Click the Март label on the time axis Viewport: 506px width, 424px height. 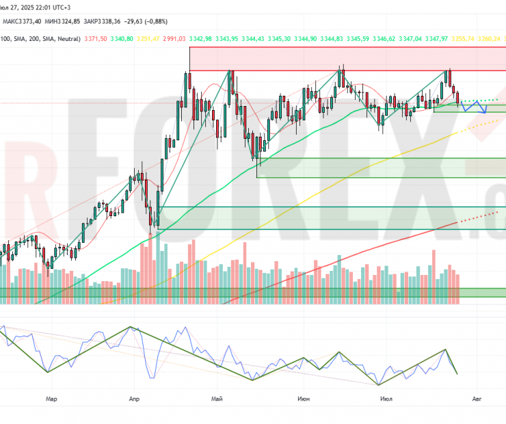pyautogui.click(x=49, y=397)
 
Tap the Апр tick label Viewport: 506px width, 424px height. pyautogui.click(x=133, y=397)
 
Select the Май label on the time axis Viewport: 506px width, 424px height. pyautogui.click(x=218, y=397)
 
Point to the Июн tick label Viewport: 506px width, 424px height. pyautogui.click(x=303, y=397)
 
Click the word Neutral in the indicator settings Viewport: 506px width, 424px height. pyautogui.click(x=64, y=39)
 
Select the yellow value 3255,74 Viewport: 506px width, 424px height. pyautogui.click(x=465, y=39)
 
